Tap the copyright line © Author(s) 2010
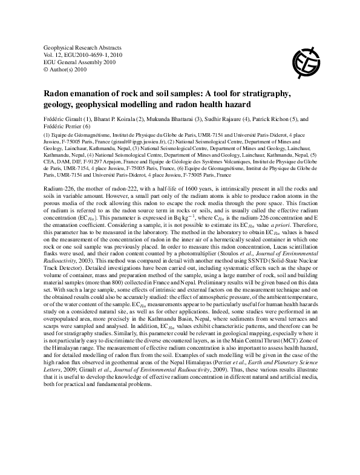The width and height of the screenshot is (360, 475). [66, 69]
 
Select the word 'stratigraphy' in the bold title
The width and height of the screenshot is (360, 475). [262, 94]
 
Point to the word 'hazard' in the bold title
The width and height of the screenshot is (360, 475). [270, 104]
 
